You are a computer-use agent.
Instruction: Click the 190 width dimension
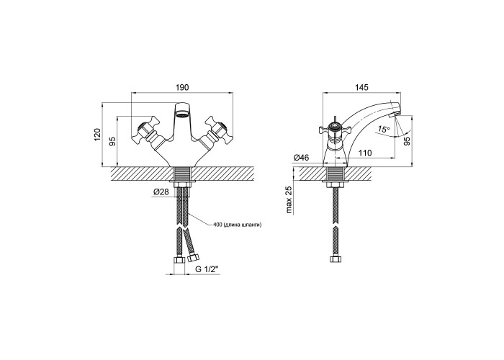click(x=183, y=87)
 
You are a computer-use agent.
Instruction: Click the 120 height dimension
click(x=98, y=134)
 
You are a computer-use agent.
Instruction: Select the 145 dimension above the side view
click(x=361, y=87)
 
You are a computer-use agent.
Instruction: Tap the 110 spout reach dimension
click(x=364, y=153)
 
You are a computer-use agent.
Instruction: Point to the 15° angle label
click(x=384, y=129)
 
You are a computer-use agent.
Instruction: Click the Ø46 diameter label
click(x=301, y=158)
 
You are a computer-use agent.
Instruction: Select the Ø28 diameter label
click(x=161, y=192)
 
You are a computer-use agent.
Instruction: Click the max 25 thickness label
click(x=289, y=200)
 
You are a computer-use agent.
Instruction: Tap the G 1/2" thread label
click(x=207, y=270)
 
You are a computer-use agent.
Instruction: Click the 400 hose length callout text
click(x=237, y=225)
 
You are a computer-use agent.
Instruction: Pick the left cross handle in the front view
click(x=145, y=132)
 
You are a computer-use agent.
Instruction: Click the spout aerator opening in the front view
click(x=183, y=114)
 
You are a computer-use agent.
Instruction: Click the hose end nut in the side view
click(x=336, y=259)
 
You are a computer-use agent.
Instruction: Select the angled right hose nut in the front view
click(x=194, y=258)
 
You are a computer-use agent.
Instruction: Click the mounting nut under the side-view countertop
click(x=336, y=185)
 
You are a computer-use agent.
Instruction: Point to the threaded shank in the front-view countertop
click(x=183, y=174)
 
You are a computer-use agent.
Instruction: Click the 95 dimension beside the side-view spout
click(x=407, y=141)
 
